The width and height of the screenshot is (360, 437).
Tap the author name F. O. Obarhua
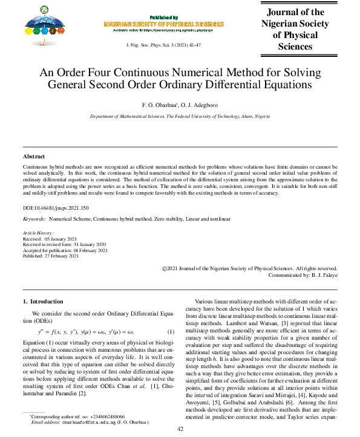coord(159,103)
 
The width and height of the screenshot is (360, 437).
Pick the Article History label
coord(38,233)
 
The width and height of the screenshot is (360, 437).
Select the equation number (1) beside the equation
coord(171,332)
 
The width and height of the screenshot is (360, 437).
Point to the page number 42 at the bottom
coord(180,429)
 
